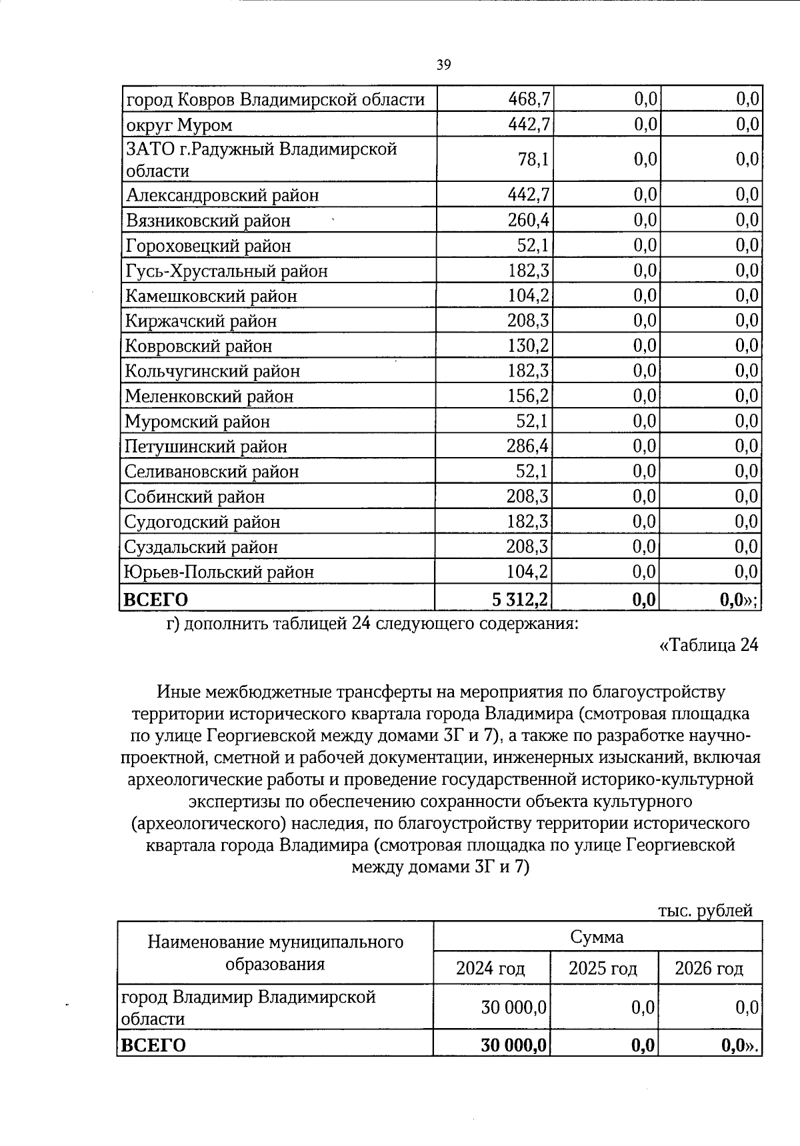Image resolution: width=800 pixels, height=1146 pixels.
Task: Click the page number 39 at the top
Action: [444, 65]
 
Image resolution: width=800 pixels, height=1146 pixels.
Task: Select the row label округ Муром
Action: [179, 125]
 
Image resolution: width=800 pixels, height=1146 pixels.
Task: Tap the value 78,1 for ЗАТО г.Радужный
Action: [533, 159]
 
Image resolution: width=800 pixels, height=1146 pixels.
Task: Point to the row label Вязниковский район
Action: [208, 221]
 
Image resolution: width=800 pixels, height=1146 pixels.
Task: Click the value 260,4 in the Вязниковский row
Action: [529, 220]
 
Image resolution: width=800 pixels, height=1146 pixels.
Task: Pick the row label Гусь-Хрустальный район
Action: [226, 271]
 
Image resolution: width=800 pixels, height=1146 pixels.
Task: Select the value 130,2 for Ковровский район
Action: [529, 346]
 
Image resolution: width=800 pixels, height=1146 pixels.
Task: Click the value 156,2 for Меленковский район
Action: [529, 396]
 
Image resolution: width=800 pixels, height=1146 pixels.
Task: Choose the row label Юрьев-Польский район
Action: [219, 572]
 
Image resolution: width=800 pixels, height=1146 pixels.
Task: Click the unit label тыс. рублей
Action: [705, 910]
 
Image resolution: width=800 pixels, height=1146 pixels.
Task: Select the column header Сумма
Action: [597, 937]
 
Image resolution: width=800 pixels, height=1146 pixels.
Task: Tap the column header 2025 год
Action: [603, 967]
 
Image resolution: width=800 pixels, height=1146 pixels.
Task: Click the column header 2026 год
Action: [709, 967]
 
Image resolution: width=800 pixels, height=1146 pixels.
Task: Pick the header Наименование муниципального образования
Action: [275, 953]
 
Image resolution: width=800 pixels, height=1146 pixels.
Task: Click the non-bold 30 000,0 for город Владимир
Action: [513, 1007]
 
